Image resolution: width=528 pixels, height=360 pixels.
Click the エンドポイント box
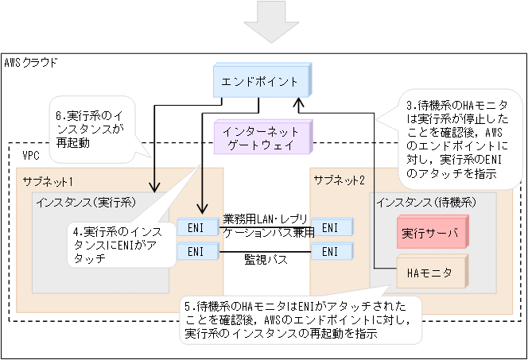260,82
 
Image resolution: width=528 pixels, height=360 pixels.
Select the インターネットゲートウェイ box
260,137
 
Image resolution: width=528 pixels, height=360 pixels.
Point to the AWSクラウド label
31,63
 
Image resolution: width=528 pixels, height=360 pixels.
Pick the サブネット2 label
339,180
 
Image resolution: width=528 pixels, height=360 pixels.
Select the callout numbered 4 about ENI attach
119,245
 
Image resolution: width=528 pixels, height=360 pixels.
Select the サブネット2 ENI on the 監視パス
328,251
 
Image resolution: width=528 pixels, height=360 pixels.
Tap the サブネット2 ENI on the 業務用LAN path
328,226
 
